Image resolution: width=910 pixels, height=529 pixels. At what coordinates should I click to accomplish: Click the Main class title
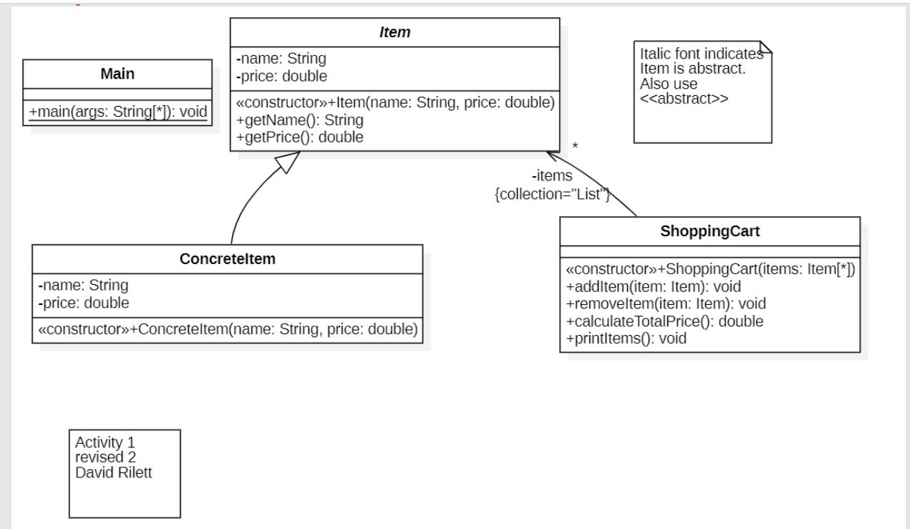[x=117, y=74]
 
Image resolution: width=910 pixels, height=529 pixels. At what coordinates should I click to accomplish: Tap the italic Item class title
[x=394, y=32]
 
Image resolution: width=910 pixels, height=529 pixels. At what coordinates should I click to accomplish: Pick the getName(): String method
[x=289, y=120]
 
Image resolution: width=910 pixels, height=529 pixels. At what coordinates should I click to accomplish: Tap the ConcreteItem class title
[x=227, y=259]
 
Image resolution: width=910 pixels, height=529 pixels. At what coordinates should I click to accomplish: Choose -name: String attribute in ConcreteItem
[x=83, y=286]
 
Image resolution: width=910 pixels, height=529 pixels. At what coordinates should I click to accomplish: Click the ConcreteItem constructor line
[x=227, y=329]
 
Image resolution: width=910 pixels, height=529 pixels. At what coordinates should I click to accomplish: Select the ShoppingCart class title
[x=709, y=233]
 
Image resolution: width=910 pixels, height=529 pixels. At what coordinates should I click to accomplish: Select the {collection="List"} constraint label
[x=551, y=193]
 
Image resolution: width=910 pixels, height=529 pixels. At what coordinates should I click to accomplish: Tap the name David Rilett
[x=114, y=473]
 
